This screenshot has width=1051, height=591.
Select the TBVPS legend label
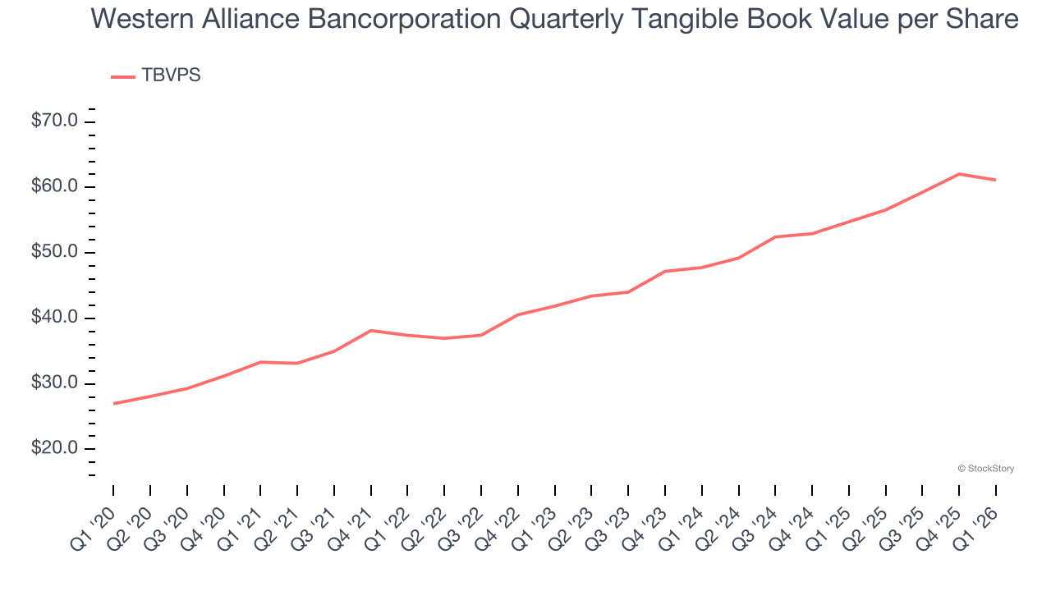coord(171,76)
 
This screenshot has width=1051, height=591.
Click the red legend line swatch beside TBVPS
coord(123,76)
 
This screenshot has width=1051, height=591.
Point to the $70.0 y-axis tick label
coord(54,121)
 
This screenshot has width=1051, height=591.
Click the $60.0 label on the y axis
coord(54,187)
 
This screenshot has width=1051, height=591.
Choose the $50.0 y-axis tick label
coord(54,253)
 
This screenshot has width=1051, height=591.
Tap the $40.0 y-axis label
coord(54,318)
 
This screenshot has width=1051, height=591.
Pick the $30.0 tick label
coord(54,383)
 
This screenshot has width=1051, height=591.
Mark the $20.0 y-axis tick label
coord(54,449)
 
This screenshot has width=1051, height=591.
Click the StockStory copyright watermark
coord(985,469)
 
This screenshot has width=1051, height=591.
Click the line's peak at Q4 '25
coord(959,174)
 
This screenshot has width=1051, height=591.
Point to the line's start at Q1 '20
coord(113,403)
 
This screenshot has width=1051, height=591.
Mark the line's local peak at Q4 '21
coord(371,330)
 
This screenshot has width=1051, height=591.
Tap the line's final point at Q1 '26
coord(996,180)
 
